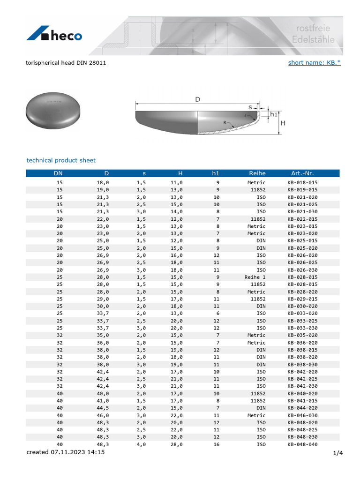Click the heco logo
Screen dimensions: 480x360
pos(54,35)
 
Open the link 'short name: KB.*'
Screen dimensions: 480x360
pos(314,62)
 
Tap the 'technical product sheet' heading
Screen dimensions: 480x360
pos(61,160)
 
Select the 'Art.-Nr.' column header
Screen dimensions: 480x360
pos(302,173)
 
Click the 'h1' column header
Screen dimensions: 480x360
pos(216,173)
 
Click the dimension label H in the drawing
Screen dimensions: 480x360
pos(283,123)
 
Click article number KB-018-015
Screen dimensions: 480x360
pos(302,182)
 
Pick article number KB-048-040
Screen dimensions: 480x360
pos(302,444)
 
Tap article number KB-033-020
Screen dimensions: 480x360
pos(302,313)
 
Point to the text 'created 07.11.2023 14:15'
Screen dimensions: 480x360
pos(66,452)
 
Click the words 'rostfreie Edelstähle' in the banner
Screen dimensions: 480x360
pos(313,34)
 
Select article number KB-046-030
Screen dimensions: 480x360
pos(302,415)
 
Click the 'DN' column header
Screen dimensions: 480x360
pos(60,173)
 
